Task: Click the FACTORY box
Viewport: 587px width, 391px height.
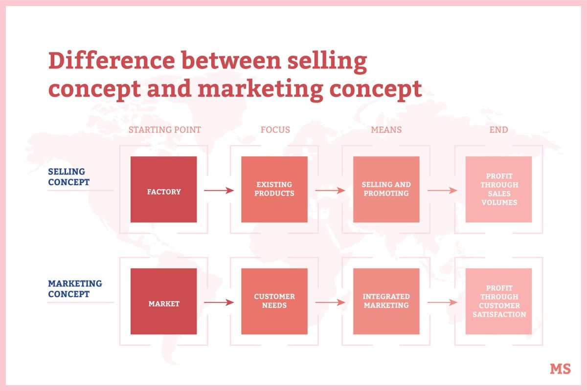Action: (163, 190)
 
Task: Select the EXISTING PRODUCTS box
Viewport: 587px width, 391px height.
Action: (274, 190)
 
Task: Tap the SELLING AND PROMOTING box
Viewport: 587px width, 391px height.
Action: (386, 190)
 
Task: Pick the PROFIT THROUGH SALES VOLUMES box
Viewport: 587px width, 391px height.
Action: (498, 190)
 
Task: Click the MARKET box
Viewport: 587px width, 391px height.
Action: (163, 302)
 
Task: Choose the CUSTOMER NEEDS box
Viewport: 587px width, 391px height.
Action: (274, 302)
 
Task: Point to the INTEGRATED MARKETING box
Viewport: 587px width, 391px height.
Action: (386, 302)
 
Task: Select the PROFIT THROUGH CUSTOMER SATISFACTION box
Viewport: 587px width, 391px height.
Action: (498, 302)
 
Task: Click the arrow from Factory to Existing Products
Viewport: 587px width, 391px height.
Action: (219, 191)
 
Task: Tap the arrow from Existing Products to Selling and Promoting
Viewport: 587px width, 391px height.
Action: (330, 191)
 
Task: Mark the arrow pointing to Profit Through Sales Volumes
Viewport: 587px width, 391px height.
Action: (442, 191)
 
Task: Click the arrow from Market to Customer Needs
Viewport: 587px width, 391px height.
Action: (219, 303)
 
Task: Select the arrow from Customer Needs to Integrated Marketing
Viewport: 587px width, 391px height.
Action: (330, 303)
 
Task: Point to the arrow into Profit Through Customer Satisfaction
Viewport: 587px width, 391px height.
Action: (442, 303)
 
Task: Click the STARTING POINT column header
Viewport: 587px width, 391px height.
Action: (164, 130)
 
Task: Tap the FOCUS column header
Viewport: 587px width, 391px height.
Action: (275, 130)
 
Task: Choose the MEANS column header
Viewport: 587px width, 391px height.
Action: (386, 130)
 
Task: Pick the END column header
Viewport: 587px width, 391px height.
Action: (498, 130)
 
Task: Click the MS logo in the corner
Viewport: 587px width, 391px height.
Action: (560, 369)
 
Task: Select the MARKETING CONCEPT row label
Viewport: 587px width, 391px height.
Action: (75, 289)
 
